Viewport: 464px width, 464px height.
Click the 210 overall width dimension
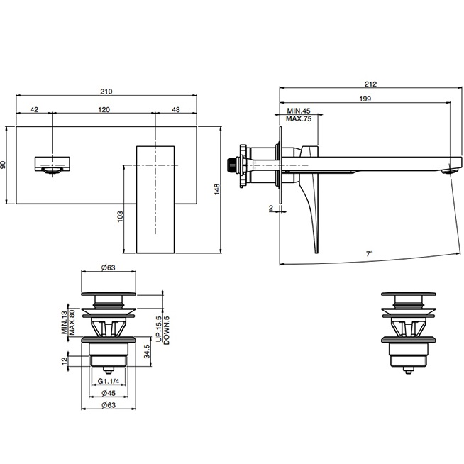(x=106, y=92)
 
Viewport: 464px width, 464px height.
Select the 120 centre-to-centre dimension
(x=104, y=110)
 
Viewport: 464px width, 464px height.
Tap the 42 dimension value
(x=34, y=110)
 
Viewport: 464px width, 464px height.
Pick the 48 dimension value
(x=176, y=110)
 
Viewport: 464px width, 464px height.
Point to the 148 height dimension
(x=217, y=189)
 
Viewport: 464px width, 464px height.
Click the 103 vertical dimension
(x=120, y=216)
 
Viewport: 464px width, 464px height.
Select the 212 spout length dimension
(x=370, y=84)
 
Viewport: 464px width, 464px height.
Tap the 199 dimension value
(x=365, y=99)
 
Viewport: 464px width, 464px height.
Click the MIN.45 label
(x=299, y=111)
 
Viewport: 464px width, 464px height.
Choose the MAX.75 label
(x=299, y=119)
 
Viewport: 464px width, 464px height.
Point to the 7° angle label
(x=369, y=254)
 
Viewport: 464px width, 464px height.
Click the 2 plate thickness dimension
(x=271, y=208)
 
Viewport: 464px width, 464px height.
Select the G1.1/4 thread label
(x=109, y=382)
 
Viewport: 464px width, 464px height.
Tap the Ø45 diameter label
(x=109, y=393)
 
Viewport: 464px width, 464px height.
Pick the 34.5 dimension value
(x=147, y=351)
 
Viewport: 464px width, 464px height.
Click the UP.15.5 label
(x=159, y=328)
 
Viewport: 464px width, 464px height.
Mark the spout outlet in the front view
(x=53, y=170)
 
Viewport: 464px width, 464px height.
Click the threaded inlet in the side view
(x=231, y=165)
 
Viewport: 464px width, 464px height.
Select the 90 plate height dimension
(x=3, y=165)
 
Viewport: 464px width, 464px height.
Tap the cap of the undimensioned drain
(x=408, y=294)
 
